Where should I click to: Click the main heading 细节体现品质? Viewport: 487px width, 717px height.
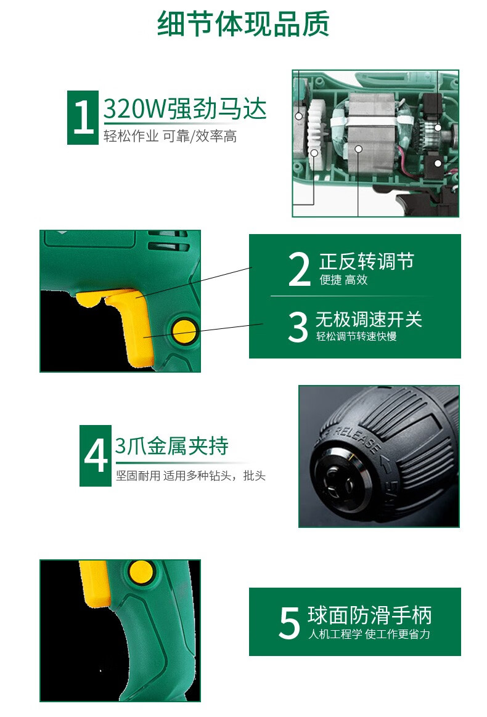(x=243, y=24)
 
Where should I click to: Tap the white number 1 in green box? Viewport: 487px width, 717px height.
(x=83, y=118)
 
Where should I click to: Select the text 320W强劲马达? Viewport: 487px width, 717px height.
(x=185, y=110)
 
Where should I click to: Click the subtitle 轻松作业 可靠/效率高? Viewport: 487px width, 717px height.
(x=170, y=137)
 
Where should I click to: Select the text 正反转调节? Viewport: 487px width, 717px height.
(x=366, y=261)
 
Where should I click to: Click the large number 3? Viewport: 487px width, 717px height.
(x=298, y=327)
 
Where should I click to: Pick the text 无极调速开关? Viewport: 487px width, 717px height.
(x=369, y=319)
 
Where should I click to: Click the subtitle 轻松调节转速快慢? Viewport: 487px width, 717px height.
(x=356, y=337)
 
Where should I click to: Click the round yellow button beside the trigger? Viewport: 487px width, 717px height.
(x=184, y=331)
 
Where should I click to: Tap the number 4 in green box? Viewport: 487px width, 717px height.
(x=96, y=456)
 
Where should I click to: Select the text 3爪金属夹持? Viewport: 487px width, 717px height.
(x=172, y=446)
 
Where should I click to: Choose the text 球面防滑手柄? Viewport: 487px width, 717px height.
(x=369, y=615)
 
